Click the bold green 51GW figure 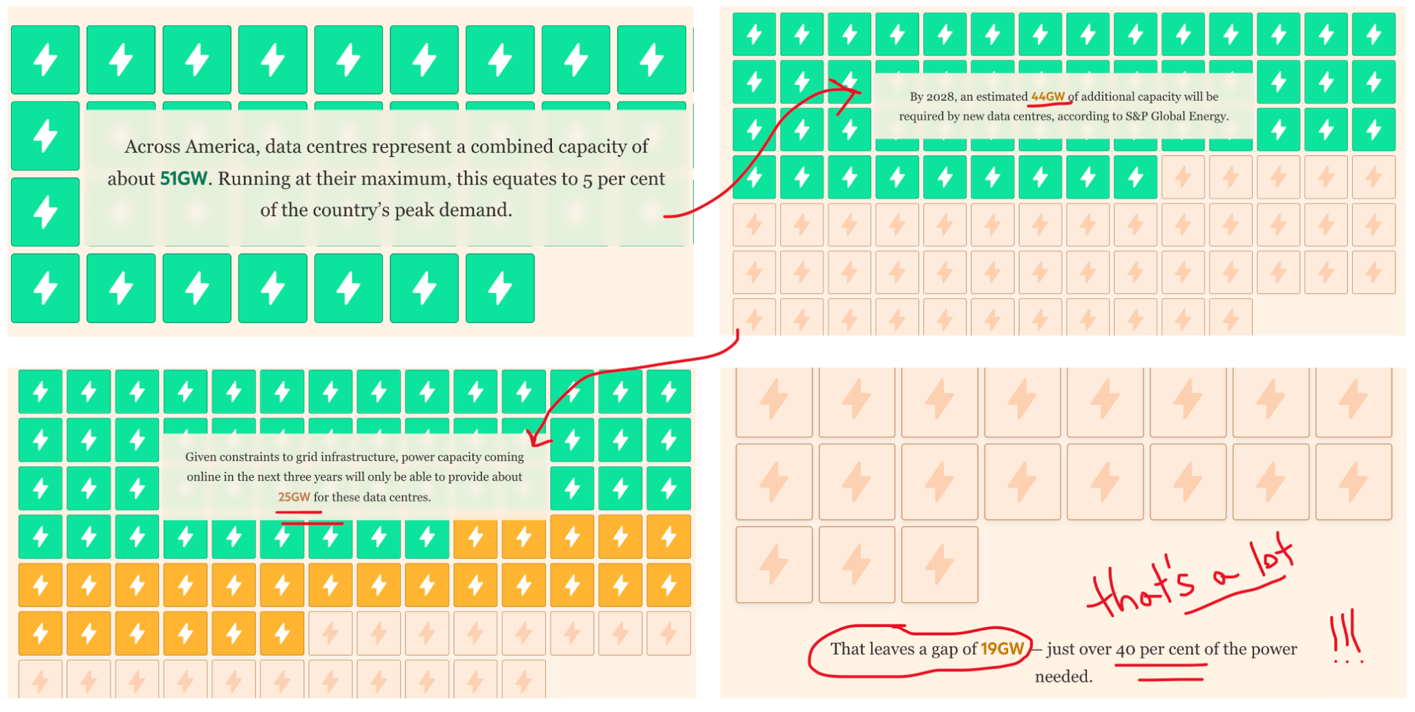tap(183, 179)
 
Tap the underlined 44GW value tap(1047, 97)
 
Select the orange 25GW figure tap(294, 497)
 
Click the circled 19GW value tap(1002, 649)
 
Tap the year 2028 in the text tap(940, 97)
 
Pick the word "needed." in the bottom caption tap(1063, 677)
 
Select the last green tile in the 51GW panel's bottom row tap(500, 288)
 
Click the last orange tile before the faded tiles tap(282, 633)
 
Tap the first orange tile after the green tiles tap(475, 537)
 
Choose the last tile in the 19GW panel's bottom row tap(940, 564)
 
